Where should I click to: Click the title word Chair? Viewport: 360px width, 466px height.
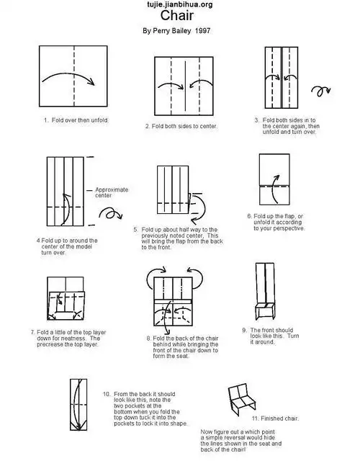pyautogui.click(x=177, y=15)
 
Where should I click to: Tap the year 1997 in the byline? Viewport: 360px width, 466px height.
pyautogui.click(x=202, y=31)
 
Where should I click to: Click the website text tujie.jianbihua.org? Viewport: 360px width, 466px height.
pyautogui.click(x=180, y=4)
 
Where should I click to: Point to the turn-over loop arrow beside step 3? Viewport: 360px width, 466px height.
pyautogui.click(x=321, y=91)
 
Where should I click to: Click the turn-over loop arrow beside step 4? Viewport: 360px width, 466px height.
pyautogui.click(x=110, y=213)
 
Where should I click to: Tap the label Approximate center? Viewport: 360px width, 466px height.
pyautogui.click(x=112, y=192)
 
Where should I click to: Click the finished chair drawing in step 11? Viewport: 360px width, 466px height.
pyautogui.click(x=241, y=399)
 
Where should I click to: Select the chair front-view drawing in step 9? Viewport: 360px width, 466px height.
pyautogui.click(x=265, y=291)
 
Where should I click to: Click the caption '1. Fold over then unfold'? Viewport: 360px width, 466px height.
pyautogui.click(x=76, y=120)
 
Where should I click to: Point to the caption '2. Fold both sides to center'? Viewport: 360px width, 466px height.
pyautogui.click(x=181, y=126)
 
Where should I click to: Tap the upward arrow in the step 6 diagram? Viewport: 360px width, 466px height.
pyautogui.click(x=275, y=189)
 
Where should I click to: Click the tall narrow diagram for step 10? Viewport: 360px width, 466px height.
pyautogui.click(x=78, y=405)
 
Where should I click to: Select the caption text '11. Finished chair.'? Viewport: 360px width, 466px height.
pyautogui.click(x=275, y=418)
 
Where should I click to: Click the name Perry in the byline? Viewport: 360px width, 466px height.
pyautogui.click(x=162, y=31)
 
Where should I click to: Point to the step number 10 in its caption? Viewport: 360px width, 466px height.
pyautogui.click(x=107, y=394)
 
